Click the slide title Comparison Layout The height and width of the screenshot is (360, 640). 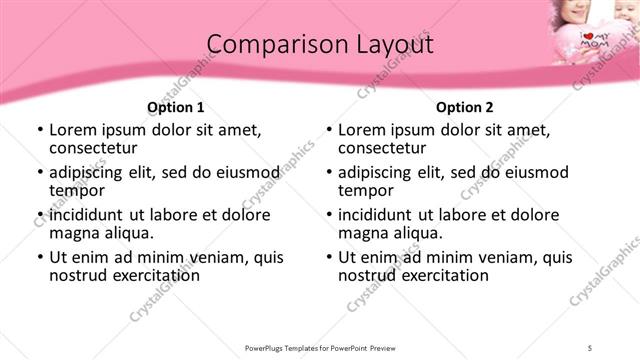click(320, 45)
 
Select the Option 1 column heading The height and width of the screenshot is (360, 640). click(175, 107)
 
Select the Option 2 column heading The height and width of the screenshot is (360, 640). click(464, 107)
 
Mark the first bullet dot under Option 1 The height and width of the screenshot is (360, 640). click(39, 130)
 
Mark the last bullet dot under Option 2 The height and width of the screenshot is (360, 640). click(328, 257)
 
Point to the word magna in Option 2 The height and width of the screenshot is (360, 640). click(362, 233)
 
